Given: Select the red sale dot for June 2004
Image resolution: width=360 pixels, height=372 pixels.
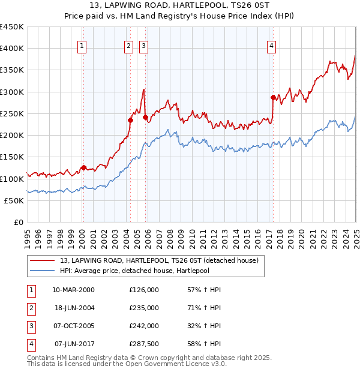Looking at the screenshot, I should tap(130, 120).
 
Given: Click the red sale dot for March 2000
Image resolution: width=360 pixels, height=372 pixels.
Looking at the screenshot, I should tap(83, 167).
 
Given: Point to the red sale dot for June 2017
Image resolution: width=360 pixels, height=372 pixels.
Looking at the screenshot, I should tap(273, 97).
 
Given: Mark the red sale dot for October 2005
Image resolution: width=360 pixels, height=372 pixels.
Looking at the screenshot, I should tap(145, 117).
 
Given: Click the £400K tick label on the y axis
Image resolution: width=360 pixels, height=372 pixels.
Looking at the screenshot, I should tap(12, 49).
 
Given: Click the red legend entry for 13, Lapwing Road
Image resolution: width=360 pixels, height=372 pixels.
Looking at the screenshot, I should tap(159, 260).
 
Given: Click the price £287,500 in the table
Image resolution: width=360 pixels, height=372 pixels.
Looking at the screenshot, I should tap(143, 344).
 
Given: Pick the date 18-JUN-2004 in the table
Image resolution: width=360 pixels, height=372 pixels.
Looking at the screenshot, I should tap(74, 308).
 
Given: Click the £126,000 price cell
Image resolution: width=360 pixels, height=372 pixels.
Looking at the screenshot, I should tap(143, 290).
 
